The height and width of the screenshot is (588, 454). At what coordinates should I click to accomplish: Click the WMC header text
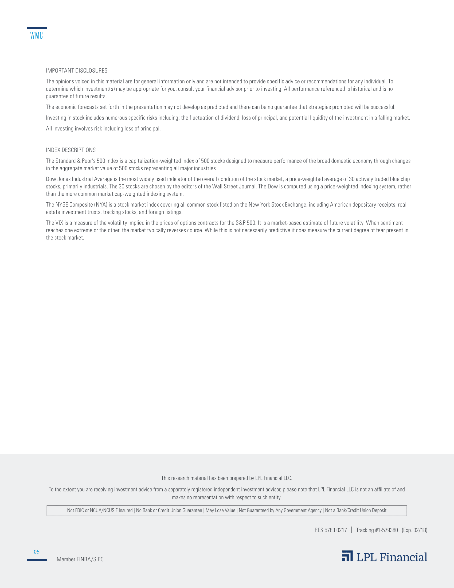point(36,36)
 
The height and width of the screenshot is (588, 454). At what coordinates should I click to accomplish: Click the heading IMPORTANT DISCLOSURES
point(76,71)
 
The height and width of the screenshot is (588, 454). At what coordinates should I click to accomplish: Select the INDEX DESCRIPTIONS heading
point(71,150)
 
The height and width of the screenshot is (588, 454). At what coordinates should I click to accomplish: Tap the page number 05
point(37,552)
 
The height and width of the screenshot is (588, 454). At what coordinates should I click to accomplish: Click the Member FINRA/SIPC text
point(80,559)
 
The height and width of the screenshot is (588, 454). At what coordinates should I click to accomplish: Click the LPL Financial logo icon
point(347,556)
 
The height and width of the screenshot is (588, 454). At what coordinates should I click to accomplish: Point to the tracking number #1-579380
point(377,530)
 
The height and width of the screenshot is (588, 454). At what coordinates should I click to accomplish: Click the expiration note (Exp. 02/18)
point(414,530)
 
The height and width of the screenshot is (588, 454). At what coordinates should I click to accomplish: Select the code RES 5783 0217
point(331,530)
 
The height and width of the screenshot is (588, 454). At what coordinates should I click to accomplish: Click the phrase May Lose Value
point(220,510)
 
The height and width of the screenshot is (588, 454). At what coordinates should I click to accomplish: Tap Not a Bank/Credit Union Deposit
point(355,510)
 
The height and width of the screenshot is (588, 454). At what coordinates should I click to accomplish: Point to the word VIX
point(59,223)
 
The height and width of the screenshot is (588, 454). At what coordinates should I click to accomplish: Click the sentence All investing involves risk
point(103,129)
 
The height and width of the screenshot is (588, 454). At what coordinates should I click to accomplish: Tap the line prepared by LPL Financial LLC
point(226,478)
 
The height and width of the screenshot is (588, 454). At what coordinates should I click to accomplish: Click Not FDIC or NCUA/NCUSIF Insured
point(100,510)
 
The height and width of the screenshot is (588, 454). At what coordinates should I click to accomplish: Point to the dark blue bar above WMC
point(37,28)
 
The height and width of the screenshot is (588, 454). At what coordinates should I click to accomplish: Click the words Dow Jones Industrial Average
point(79,179)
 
